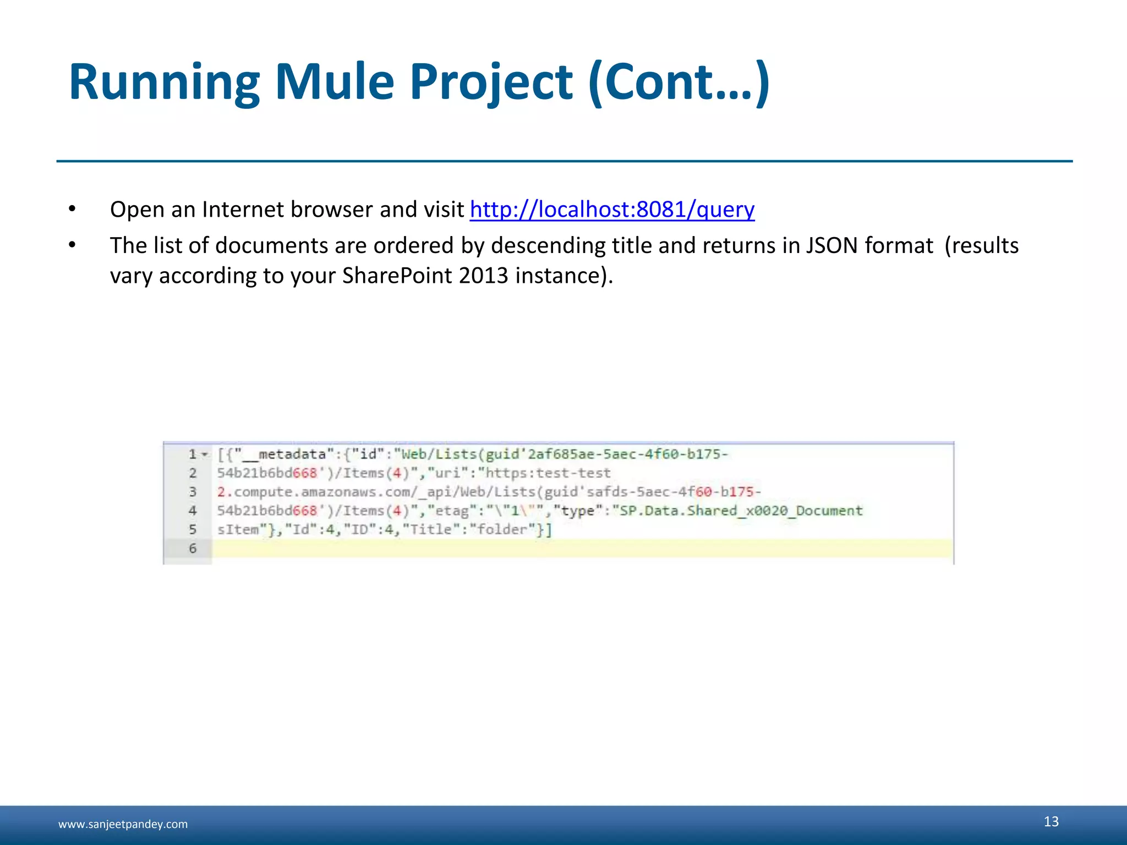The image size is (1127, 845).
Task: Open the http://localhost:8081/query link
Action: (x=612, y=210)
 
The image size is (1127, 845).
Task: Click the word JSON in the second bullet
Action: (x=831, y=245)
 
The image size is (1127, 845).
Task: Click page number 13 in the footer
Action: (x=1051, y=821)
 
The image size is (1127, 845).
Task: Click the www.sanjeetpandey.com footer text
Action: (x=123, y=824)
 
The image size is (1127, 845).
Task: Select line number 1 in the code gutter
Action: (x=193, y=454)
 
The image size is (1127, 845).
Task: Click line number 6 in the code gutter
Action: (x=193, y=548)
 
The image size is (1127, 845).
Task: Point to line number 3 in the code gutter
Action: (x=193, y=492)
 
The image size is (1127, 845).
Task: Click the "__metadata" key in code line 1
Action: (x=284, y=454)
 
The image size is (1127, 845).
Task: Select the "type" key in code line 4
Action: (x=577, y=511)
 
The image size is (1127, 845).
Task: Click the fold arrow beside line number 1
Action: (x=205, y=455)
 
